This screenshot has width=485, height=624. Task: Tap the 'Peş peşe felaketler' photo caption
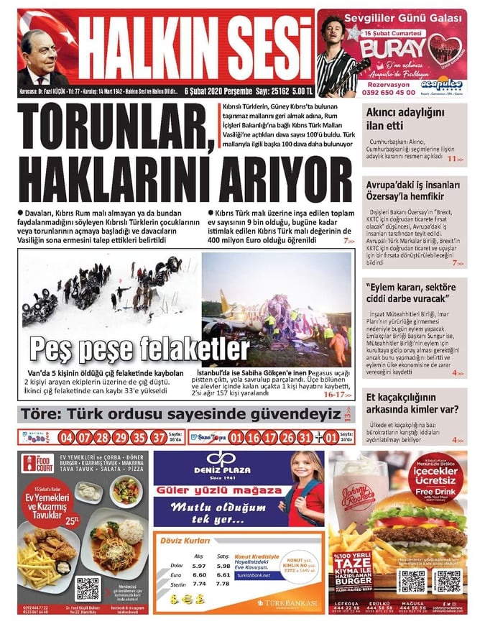[139, 349]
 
